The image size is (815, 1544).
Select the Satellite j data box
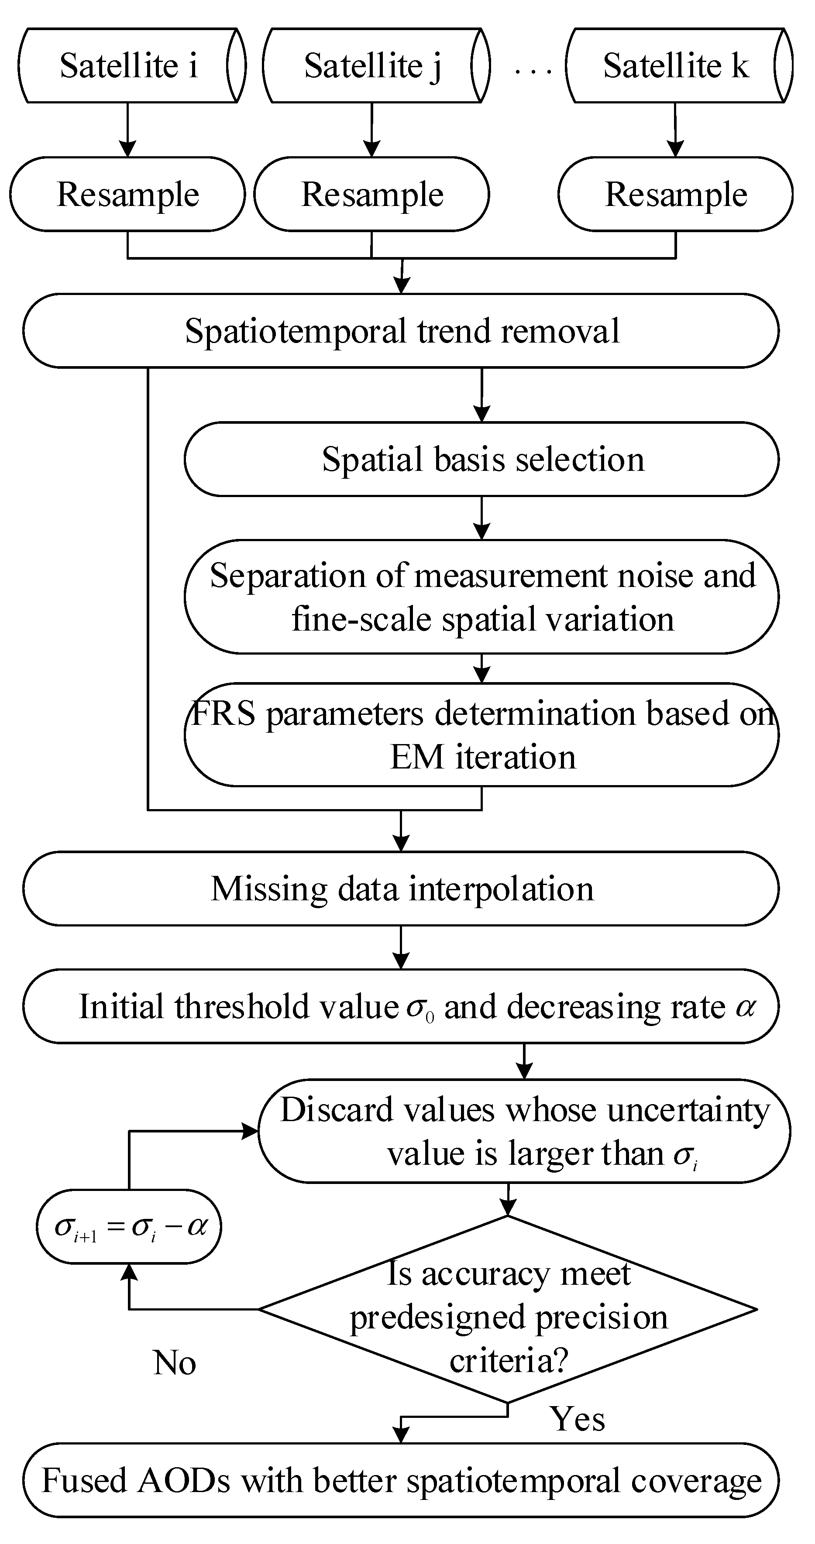click(372, 65)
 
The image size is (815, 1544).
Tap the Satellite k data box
click(676, 65)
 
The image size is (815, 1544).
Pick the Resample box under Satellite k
click(676, 194)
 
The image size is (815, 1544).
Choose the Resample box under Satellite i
click(128, 194)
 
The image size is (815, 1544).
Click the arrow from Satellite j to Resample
click(372, 130)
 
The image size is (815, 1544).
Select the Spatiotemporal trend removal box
click(401, 331)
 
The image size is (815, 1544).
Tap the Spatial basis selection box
click(481, 459)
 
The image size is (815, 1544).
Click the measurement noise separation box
click(481, 597)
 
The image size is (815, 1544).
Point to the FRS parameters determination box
click(481, 735)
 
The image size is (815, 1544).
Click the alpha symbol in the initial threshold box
click(746, 1006)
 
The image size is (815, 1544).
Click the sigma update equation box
click(129, 1226)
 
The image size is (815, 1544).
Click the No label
click(175, 1363)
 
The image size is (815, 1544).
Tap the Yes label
click(577, 1419)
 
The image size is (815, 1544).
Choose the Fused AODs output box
click(401, 1480)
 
